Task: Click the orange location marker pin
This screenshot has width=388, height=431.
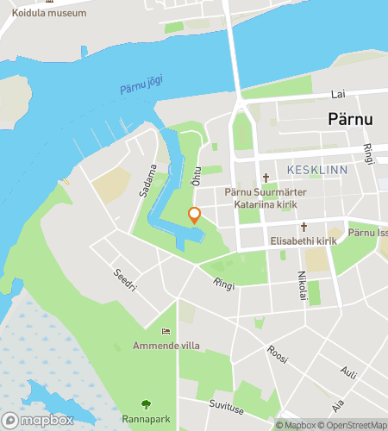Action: click(x=194, y=215)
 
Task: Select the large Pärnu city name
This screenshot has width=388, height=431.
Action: click(x=351, y=120)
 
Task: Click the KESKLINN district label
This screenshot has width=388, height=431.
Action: click(x=317, y=170)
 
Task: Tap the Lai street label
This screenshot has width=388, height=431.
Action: click(x=338, y=94)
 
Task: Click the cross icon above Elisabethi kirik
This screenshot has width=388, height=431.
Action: click(x=304, y=227)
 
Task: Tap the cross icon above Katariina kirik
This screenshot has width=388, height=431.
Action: click(x=266, y=178)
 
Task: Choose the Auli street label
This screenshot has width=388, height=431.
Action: click(x=348, y=373)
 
